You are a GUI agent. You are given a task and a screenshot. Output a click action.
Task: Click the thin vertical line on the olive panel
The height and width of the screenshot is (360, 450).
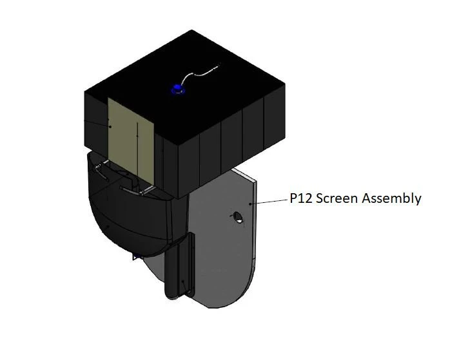pos(137,148)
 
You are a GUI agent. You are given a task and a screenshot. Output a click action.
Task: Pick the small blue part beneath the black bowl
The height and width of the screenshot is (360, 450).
pos(136,258)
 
